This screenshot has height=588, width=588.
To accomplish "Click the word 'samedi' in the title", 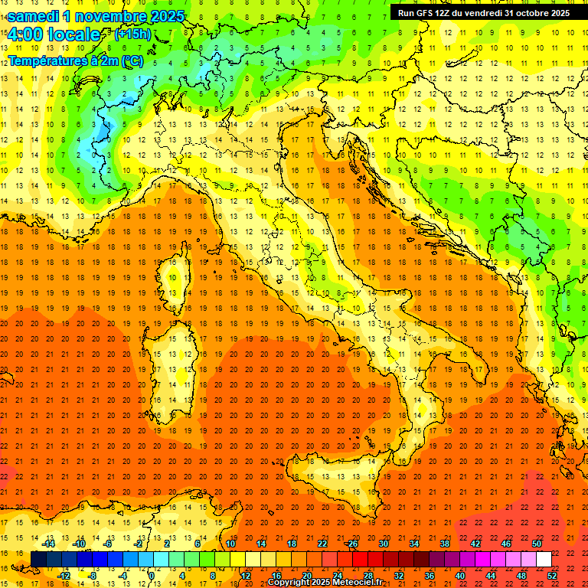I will (34, 16).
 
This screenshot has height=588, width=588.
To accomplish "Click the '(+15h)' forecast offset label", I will (132, 34).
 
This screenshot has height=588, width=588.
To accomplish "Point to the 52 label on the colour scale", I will (552, 575).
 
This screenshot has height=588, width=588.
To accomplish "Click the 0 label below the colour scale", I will (152, 575).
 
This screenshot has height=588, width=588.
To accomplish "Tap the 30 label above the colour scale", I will (383, 544).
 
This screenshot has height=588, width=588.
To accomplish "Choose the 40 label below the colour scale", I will (460, 575).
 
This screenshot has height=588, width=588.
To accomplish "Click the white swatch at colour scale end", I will (544, 559).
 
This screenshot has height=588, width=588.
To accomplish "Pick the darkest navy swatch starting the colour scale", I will (38, 559).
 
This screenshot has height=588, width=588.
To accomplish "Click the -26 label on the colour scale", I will (351, 544).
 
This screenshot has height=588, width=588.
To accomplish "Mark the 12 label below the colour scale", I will (245, 575).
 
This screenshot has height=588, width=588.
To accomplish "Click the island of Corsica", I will (175, 283).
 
